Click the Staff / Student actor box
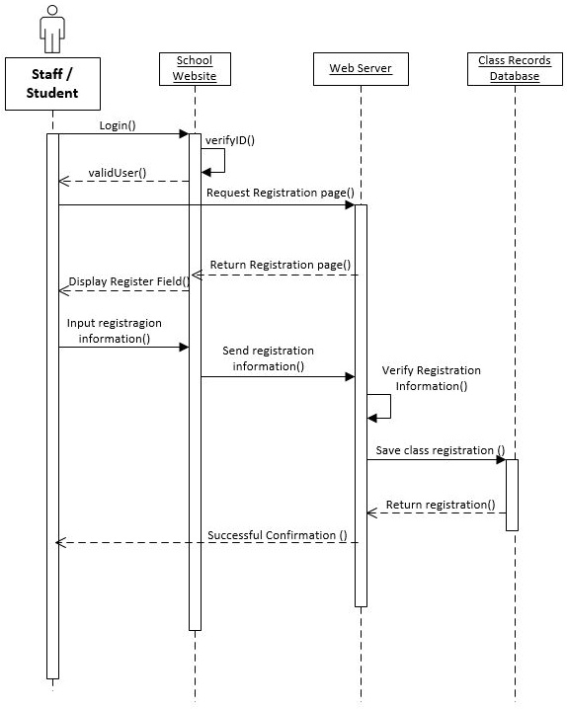click(x=52, y=82)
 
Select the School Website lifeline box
click(x=195, y=69)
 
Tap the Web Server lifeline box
click(x=361, y=69)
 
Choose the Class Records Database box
click(x=515, y=69)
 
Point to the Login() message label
click(x=118, y=125)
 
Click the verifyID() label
click(x=230, y=140)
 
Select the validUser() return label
click(x=118, y=173)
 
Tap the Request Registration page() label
click(x=280, y=193)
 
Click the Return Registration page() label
click(x=281, y=265)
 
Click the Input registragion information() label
click(x=115, y=331)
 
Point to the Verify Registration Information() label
click(x=432, y=378)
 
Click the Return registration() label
click(x=441, y=505)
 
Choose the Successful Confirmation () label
click(x=278, y=535)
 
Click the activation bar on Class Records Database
click(x=512, y=494)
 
